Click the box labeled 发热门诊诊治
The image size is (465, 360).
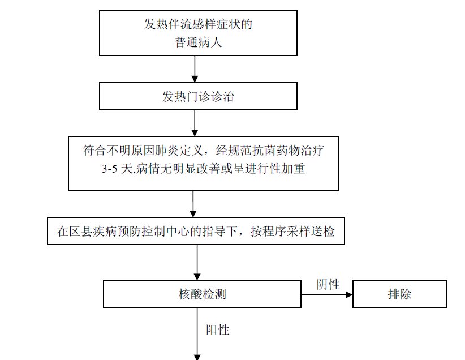197,96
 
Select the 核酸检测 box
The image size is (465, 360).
202,294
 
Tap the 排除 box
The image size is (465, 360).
399,294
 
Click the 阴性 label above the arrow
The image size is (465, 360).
328,284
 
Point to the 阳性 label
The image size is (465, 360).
218,329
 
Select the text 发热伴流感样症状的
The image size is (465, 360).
197,25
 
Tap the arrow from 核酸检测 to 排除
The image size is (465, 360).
326,295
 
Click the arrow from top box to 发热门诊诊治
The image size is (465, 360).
195,69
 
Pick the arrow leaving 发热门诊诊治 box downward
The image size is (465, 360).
195,122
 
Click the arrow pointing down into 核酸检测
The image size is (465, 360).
197,263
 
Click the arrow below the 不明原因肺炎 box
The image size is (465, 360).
193,204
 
